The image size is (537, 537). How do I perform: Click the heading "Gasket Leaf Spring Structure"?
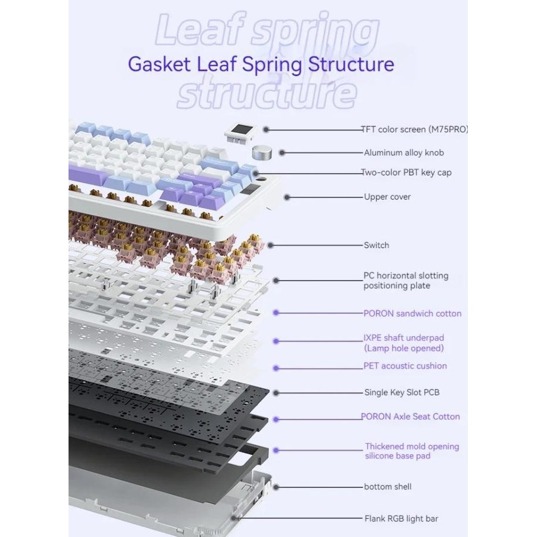(x=261, y=64)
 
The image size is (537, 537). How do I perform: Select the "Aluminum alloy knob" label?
(x=403, y=152)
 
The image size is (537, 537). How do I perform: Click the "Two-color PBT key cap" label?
(x=408, y=173)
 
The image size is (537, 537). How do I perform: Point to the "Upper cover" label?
(x=387, y=197)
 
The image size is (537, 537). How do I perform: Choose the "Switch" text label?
(x=376, y=245)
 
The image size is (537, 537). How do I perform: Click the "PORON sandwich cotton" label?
(x=412, y=313)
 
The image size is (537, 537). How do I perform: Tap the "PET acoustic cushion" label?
(x=405, y=366)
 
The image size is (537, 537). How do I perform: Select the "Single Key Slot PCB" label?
(x=402, y=392)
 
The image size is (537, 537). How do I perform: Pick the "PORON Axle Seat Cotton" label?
(x=411, y=416)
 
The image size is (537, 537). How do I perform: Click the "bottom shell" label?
(x=388, y=487)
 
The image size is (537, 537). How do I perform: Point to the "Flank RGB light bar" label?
(x=401, y=519)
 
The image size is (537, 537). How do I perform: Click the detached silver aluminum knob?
(x=263, y=152)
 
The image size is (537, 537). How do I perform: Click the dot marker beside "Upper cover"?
(x=287, y=197)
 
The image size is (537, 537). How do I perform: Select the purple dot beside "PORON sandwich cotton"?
(x=275, y=313)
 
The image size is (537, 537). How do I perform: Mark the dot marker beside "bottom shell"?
(x=275, y=487)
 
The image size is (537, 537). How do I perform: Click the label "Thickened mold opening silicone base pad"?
(x=412, y=451)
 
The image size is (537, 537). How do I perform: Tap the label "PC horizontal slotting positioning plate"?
(x=406, y=281)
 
